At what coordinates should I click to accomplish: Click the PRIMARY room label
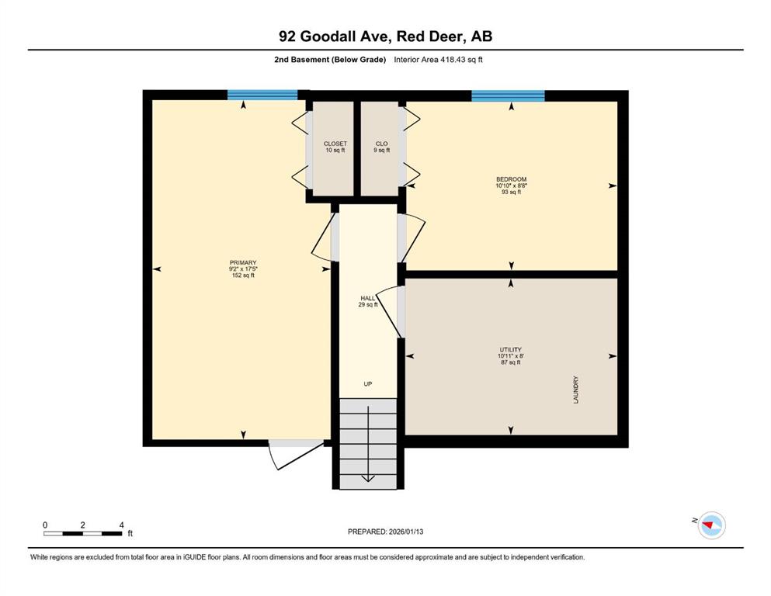click(x=243, y=262)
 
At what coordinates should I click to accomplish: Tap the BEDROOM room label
click(x=511, y=179)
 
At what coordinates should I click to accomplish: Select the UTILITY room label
click(x=511, y=350)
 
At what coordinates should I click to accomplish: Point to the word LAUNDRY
click(x=576, y=390)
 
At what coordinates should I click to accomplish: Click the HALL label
click(x=368, y=298)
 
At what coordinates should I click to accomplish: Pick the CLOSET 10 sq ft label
click(x=335, y=147)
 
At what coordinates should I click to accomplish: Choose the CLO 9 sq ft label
click(x=381, y=147)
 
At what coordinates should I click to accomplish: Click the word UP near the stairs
click(x=368, y=383)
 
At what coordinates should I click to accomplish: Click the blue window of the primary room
click(x=262, y=95)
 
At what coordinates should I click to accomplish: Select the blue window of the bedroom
click(x=508, y=95)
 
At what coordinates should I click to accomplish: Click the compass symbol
click(x=711, y=525)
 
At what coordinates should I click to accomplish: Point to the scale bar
click(x=82, y=533)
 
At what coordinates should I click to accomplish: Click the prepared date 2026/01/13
click(x=405, y=532)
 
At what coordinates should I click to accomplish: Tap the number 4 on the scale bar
click(x=121, y=525)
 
